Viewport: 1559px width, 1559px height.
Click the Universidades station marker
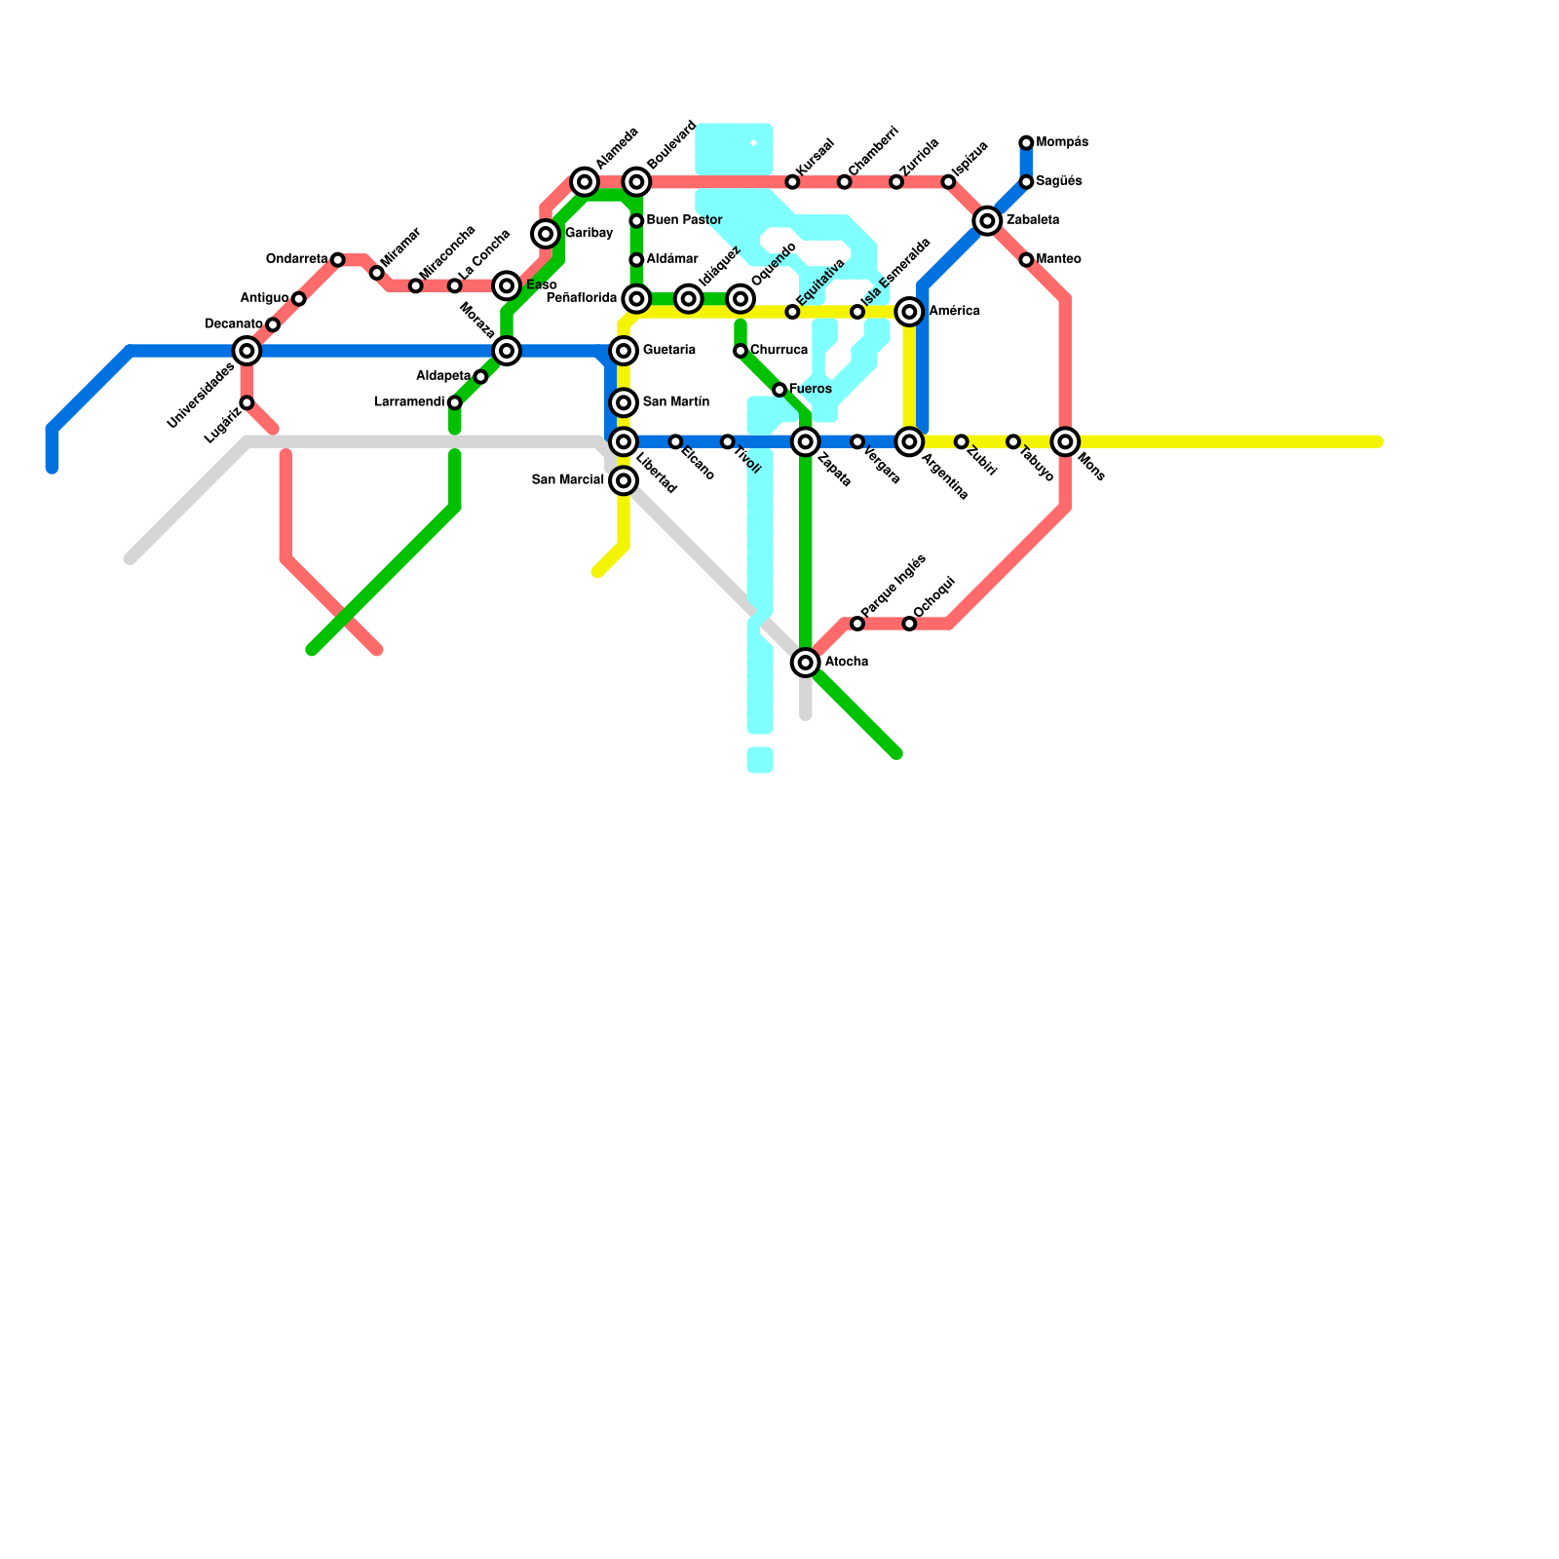click(x=247, y=351)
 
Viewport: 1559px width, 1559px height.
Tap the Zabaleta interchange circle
click(x=988, y=221)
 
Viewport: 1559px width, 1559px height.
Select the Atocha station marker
click(x=806, y=663)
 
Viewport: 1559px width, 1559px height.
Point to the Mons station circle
click(x=1066, y=442)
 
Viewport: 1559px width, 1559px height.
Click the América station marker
click(x=910, y=312)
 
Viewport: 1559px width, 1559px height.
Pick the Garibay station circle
click(x=546, y=234)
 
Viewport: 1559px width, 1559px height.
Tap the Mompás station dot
click(x=1026, y=143)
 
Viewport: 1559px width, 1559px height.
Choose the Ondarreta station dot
click(x=337, y=259)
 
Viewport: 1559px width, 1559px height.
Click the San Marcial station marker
click(x=624, y=480)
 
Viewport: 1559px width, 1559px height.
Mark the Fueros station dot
click(x=779, y=390)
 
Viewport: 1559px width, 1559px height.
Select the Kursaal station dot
click(x=792, y=182)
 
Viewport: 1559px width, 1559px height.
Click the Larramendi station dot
click(x=455, y=402)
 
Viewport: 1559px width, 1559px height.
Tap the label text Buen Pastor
click(x=684, y=220)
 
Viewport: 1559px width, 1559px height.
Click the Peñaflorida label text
click(x=582, y=298)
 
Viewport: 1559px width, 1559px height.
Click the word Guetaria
click(x=669, y=350)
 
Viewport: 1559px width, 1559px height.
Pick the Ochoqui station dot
click(x=909, y=624)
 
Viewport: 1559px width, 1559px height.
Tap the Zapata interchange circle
click(x=806, y=442)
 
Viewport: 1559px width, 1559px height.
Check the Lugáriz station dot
click(x=247, y=402)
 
